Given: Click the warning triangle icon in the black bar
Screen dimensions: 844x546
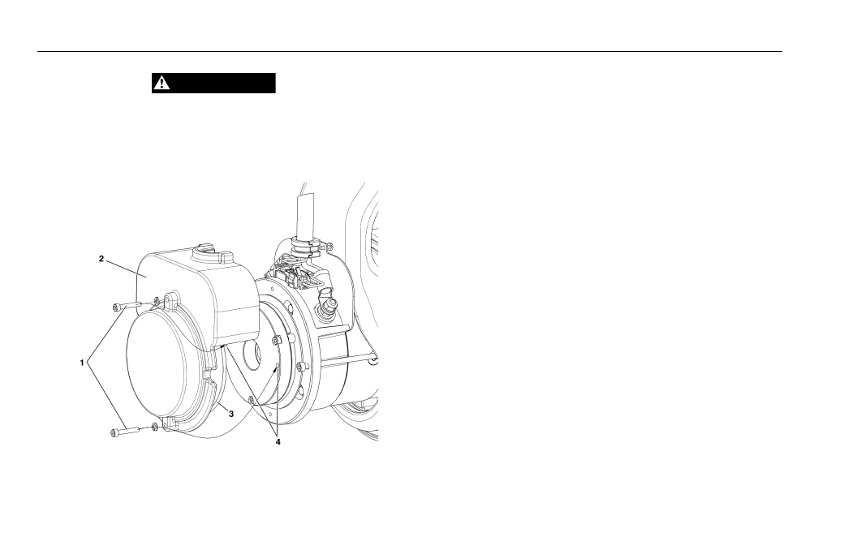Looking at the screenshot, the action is pyautogui.click(x=161, y=83).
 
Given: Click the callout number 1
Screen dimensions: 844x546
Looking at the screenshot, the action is pyautogui.click(x=82, y=363).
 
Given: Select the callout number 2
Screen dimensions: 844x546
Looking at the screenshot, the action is pyautogui.click(x=101, y=259).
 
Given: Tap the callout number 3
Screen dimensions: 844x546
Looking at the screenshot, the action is pyautogui.click(x=231, y=414).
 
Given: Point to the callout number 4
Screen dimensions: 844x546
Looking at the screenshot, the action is pyautogui.click(x=278, y=441).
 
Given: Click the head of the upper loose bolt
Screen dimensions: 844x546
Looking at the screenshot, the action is pyautogui.click(x=116, y=307).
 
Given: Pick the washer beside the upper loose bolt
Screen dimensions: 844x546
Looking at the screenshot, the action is pyautogui.click(x=156, y=300).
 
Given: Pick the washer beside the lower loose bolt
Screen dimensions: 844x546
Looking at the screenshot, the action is pyautogui.click(x=155, y=427).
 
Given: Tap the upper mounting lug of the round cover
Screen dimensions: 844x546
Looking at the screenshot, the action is pyautogui.click(x=172, y=300).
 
